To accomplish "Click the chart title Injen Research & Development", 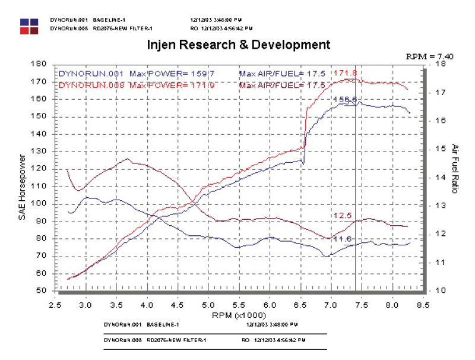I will pyautogui.click(x=237, y=45).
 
